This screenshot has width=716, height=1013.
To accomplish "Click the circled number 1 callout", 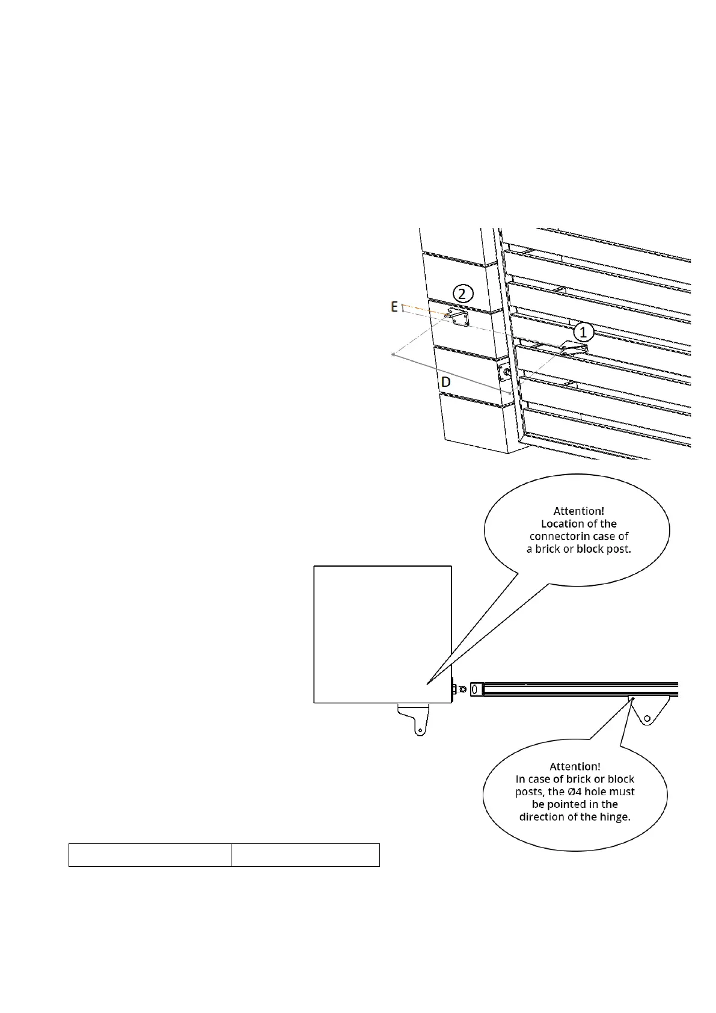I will [583, 331].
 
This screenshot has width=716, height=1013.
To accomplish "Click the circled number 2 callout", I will [462, 294].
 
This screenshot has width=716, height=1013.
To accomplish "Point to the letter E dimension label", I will [394, 307].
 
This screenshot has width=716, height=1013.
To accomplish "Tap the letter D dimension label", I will [445, 382].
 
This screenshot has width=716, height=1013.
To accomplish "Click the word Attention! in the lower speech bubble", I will [575, 766].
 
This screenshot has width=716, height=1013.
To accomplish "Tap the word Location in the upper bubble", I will [561, 524].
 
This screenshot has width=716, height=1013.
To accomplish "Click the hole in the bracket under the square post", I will [420, 730].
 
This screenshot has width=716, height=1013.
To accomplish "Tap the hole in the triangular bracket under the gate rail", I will [647, 718].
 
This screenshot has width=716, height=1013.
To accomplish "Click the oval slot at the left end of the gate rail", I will [477, 689].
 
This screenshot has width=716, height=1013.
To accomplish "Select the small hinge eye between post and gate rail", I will [462, 689].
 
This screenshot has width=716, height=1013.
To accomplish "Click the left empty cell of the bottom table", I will [150, 855].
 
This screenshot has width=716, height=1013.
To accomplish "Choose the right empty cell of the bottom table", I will [305, 855].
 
